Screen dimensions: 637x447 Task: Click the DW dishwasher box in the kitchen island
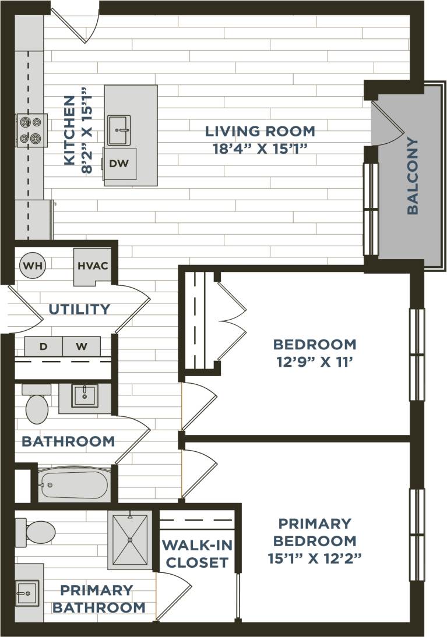[119, 164]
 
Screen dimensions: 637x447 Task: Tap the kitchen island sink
[119, 130]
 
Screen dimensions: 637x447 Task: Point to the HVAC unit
[92, 266]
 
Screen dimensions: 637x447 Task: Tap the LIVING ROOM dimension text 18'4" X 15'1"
[260, 148]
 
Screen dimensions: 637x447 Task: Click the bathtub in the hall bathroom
[74, 484]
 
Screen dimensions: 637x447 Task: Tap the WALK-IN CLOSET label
[196, 554]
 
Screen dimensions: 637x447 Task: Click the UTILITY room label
[79, 309]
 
